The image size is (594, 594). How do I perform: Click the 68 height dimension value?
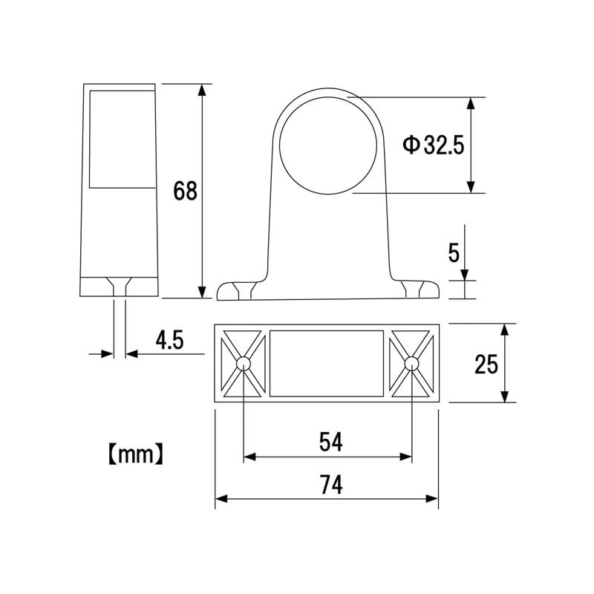(185, 191)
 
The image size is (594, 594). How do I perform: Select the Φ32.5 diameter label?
(433, 144)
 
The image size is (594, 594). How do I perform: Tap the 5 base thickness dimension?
(454, 253)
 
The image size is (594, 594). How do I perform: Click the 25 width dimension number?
(486, 364)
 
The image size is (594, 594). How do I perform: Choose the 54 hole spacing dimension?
(330, 443)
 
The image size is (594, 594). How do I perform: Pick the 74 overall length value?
(330, 486)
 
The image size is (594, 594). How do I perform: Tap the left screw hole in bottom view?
(244, 363)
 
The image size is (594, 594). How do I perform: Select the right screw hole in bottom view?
(411, 363)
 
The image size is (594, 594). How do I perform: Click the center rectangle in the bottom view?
(327, 363)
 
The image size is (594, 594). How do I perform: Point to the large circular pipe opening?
(327, 145)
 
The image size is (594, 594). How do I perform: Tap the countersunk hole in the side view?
(119, 285)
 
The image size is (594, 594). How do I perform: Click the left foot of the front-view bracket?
(238, 290)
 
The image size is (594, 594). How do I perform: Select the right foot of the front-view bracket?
(417, 290)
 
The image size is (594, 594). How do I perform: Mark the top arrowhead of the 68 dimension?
(200, 91)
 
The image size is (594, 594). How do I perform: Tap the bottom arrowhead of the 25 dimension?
(505, 396)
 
